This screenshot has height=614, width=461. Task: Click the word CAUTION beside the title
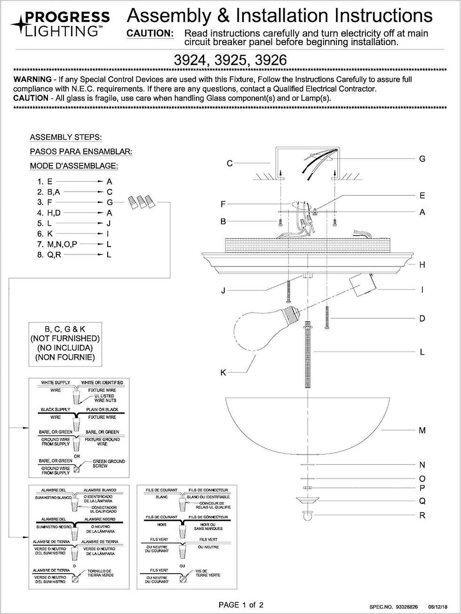[150, 33]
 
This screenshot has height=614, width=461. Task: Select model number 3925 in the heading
[230, 60]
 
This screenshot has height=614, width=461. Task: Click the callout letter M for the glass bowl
[422, 430]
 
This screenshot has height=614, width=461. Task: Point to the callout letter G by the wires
[422, 159]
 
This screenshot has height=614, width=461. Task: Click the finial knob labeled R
[308, 516]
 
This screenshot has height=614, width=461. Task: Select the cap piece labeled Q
[308, 500]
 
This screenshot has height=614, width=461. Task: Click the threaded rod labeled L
[308, 355]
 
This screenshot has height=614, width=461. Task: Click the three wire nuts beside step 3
[142, 202]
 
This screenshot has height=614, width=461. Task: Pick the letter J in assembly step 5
[109, 223]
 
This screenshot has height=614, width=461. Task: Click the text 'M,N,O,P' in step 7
[62, 244]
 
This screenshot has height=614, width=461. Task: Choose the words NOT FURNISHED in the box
[65, 338]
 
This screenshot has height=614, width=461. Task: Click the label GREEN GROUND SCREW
[109, 463]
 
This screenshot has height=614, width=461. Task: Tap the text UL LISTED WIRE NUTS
[105, 398]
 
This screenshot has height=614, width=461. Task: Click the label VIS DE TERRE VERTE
[207, 573]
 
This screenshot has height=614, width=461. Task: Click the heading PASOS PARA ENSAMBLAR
[81, 152]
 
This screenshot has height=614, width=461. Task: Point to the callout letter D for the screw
[422, 319]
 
